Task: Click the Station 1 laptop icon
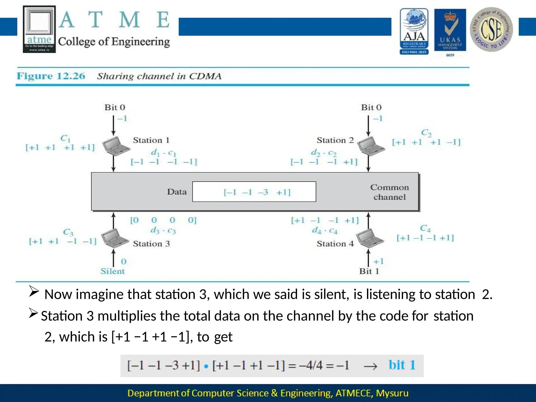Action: coord(115,146)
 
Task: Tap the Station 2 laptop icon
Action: coord(371,146)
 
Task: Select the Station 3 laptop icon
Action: coord(115,238)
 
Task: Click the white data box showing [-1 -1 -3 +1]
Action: coord(254,192)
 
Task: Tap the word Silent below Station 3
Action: coord(113,271)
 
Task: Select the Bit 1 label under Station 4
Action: coord(369,271)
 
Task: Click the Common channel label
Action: coord(389,192)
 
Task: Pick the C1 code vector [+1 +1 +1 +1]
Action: coord(60,147)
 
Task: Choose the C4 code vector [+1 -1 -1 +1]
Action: coord(425,238)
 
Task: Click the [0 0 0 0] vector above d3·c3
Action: coord(163,220)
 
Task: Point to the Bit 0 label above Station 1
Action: coord(115,107)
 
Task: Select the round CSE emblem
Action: coord(491,29)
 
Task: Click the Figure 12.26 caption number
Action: coord(51,76)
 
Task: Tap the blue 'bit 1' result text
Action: coord(402,365)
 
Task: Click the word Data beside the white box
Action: coord(177,192)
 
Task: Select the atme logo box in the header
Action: coord(39,29)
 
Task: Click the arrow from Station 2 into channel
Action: coord(368,164)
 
